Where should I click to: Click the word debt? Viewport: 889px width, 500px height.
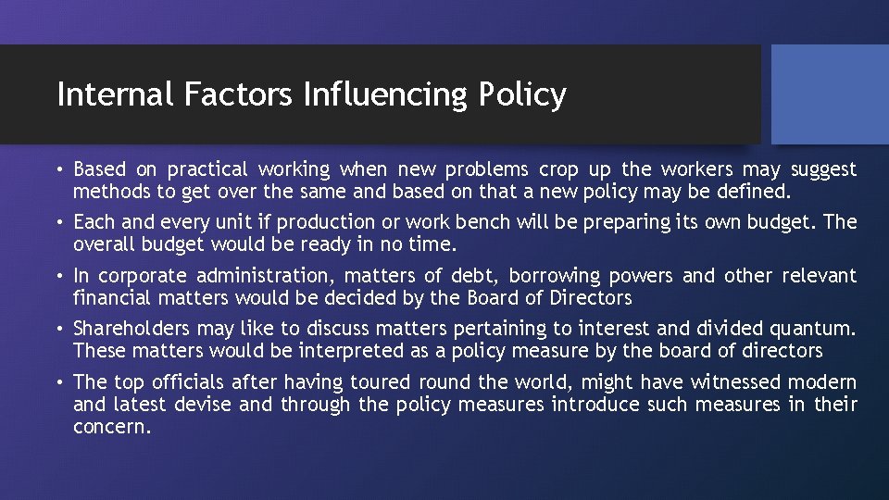470,276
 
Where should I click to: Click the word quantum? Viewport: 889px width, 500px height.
818,329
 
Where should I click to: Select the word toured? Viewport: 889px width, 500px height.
382,382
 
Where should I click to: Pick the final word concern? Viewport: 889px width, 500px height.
111,427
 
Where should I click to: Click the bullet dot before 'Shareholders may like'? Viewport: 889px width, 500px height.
60,329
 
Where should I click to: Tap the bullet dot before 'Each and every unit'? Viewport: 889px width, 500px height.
60,222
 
